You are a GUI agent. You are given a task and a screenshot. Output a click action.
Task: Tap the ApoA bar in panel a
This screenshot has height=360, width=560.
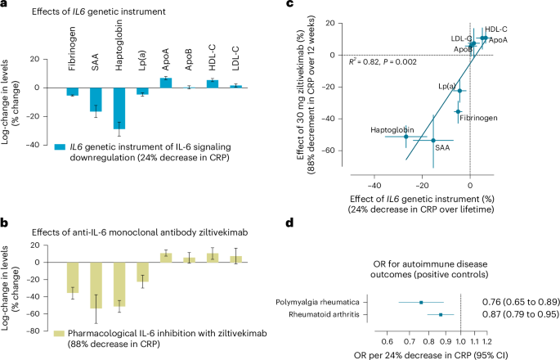pyautogui.click(x=166, y=83)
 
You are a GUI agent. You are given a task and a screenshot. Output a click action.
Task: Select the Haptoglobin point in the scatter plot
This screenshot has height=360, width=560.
pyautogui.click(x=406, y=135)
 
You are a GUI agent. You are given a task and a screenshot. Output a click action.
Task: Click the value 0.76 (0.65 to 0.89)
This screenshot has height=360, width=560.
pyautogui.click(x=515, y=302)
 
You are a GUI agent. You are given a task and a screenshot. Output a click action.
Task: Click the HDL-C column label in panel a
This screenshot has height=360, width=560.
pyautogui.click(x=213, y=44)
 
